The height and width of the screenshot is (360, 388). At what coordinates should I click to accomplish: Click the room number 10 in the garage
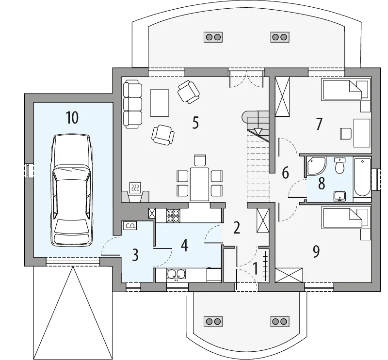[x=72, y=117]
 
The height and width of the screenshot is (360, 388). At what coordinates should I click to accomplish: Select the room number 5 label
[x=195, y=123]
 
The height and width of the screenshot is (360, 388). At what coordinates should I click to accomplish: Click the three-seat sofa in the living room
[x=132, y=104]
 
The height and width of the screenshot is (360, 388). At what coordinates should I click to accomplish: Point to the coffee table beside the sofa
[x=160, y=103]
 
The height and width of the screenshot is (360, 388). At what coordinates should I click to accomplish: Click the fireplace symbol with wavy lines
[x=135, y=188]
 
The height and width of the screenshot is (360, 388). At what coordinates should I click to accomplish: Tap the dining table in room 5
[x=199, y=184]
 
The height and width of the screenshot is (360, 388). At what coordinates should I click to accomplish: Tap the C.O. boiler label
[x=130, y=226]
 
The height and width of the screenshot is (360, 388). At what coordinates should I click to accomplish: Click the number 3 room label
[x=135, y=255]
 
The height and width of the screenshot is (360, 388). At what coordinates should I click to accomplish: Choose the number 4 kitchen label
[x=184, y=246]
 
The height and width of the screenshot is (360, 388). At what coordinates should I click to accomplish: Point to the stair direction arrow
[x=258, y=131]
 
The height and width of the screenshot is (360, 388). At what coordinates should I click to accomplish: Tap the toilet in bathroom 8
[x=339, y=166]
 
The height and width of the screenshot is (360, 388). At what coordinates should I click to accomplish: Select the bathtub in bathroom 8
[x=362, y=177]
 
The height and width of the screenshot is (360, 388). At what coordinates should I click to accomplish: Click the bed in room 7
[x=346, y=89]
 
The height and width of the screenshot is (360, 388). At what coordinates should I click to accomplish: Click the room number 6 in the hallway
[x=285, y=172]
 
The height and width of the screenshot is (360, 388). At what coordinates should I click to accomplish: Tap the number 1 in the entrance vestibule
[x=256, y=268]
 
